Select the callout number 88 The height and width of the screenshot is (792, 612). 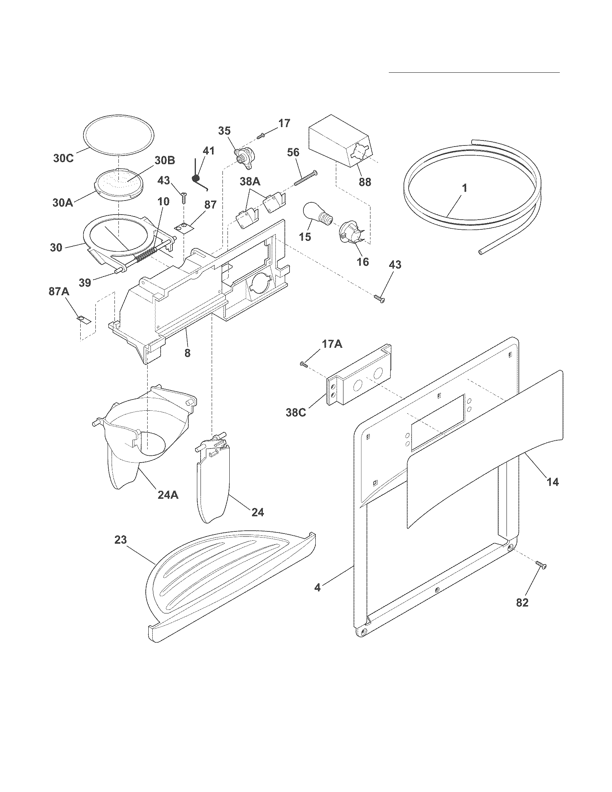(365, 182)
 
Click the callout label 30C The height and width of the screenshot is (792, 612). (63, 158)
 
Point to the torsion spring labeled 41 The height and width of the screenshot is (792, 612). (198, 176)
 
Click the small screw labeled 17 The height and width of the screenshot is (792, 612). (261, 136)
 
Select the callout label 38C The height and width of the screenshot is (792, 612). (296, 413)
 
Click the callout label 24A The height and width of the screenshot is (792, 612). (168, 495)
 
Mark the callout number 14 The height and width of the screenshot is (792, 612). (552, 482)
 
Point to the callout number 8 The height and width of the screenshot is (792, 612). (187, 352)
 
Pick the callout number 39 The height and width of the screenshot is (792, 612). (85, 283)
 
